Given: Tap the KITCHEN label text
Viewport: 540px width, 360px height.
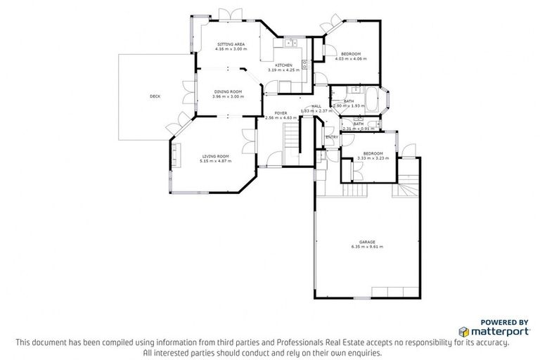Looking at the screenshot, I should (x=283, y=65).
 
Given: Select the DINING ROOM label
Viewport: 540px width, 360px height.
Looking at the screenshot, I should (x=229, y=91).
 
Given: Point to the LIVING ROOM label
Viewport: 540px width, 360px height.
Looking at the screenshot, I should (x=217, y=156).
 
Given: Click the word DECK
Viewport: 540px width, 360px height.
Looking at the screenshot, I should (x=155, y=96).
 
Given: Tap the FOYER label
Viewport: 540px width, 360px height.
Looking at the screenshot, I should (x=271, y=112).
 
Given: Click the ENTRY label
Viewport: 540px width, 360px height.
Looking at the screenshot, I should (x=331, y=137).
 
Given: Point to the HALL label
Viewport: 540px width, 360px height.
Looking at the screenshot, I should (x=316, y=106).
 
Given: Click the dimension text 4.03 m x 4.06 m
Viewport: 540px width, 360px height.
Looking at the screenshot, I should (x=351, y=60).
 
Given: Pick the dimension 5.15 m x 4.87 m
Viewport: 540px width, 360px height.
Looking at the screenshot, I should (x=217, y=162).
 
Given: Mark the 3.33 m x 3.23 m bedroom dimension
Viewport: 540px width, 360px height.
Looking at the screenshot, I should (x=373, y=158).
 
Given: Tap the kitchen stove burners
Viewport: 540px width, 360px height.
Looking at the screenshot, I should (x=304, y=67).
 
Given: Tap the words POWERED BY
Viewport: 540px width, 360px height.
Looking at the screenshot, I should (x=504, y=321).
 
